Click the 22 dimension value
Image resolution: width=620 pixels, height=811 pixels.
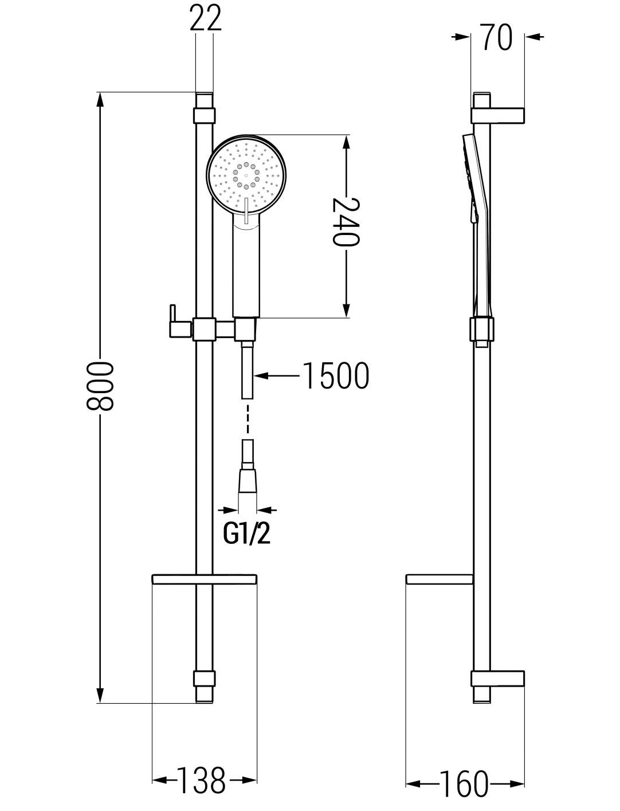(x=205, y=17)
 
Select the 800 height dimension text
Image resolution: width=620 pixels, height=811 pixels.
(x=99, y=386)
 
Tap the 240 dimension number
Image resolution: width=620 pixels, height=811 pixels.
(x=346, y=222)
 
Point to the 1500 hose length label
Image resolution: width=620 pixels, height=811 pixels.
(x=336, y=375)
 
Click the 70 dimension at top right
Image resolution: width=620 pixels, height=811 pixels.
(x=497, y=37)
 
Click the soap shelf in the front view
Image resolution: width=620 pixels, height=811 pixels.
(x=205, y=579)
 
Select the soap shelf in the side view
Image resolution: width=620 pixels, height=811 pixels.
(x=440, y=579)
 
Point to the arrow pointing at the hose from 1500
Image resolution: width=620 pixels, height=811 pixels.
(x=276, y=376)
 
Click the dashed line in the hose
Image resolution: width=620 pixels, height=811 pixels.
(x=248, y=418)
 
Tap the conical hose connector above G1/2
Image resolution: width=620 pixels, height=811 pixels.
(x=248, y=481)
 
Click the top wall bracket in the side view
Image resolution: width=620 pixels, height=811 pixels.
(x=498, y=115)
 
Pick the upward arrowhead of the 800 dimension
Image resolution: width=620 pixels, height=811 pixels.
(x=100, y=100)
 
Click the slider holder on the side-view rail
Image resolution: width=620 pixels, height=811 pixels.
(x=481, y=329)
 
